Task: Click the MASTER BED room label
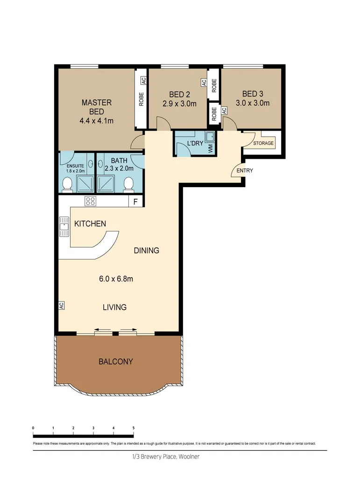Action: click(x=97, y=107)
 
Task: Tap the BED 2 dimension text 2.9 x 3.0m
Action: click(x=179, y=104)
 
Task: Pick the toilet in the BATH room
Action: click(x=128, y=186)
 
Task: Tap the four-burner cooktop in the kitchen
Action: click(x=90, y=202)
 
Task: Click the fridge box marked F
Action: click(x=135, y=202)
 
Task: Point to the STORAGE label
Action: click(x=263, y=143)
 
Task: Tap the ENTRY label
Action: click(x=245, y=171)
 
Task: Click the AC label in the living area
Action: click(x=61, y=306)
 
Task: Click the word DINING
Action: click(x=147, y=251)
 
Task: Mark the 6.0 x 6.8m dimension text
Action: click(x=116, y=279)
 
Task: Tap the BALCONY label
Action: click(x=115, y=362)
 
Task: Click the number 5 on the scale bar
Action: click(x=134, y=428)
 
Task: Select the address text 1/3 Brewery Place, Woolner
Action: click(x=166, y=457)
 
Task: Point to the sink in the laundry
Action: click(x=211, y=137)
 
